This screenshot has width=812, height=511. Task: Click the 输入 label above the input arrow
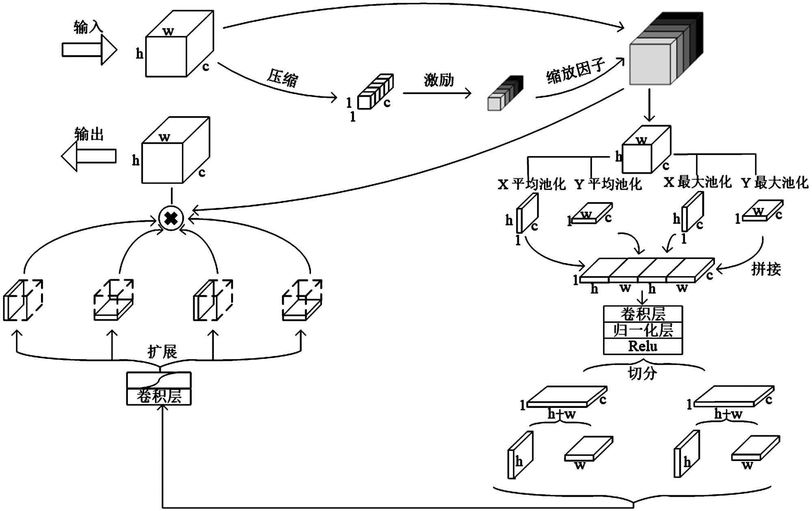pyautogui.click(x=88, y=27)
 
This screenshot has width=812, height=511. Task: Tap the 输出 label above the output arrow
pyautogui.click(x=89, y=134)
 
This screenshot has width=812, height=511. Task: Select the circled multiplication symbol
pyautogui.click(x=171, y=218)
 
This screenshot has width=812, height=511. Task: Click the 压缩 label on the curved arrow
pyautogui.click(x=283, y=78)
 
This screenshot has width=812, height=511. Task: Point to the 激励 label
pyautogui.click(x=438, y=80)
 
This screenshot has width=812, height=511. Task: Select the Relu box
pyautogui.click(x=643, y=346)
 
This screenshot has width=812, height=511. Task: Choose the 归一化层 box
pyautogui.click(x=643, y=330)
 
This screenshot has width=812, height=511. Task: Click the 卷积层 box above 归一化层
pyautogui.click(x=643, y=314)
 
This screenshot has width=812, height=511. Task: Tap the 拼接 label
pyautogui.click(x=766, y=269)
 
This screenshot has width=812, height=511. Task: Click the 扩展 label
pyautogui.click(x=162, y=351)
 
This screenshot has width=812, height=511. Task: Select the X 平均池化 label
pyautogui.click(x=531, y=184)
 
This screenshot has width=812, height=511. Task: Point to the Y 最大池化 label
pyautogui.click(x=775, y=183)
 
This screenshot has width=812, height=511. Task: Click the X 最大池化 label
pyautogui.click(x=698, y=182)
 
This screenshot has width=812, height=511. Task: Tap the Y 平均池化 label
pyautogui.click(x=608, y=184)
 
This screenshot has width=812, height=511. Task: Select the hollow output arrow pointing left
pyautogui.click(x=89, y=156)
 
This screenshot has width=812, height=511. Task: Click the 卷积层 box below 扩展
pyautogui.click(x=159, y=396)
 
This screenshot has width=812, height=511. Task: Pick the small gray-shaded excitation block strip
pyautogui.click(x=505, y=93)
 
